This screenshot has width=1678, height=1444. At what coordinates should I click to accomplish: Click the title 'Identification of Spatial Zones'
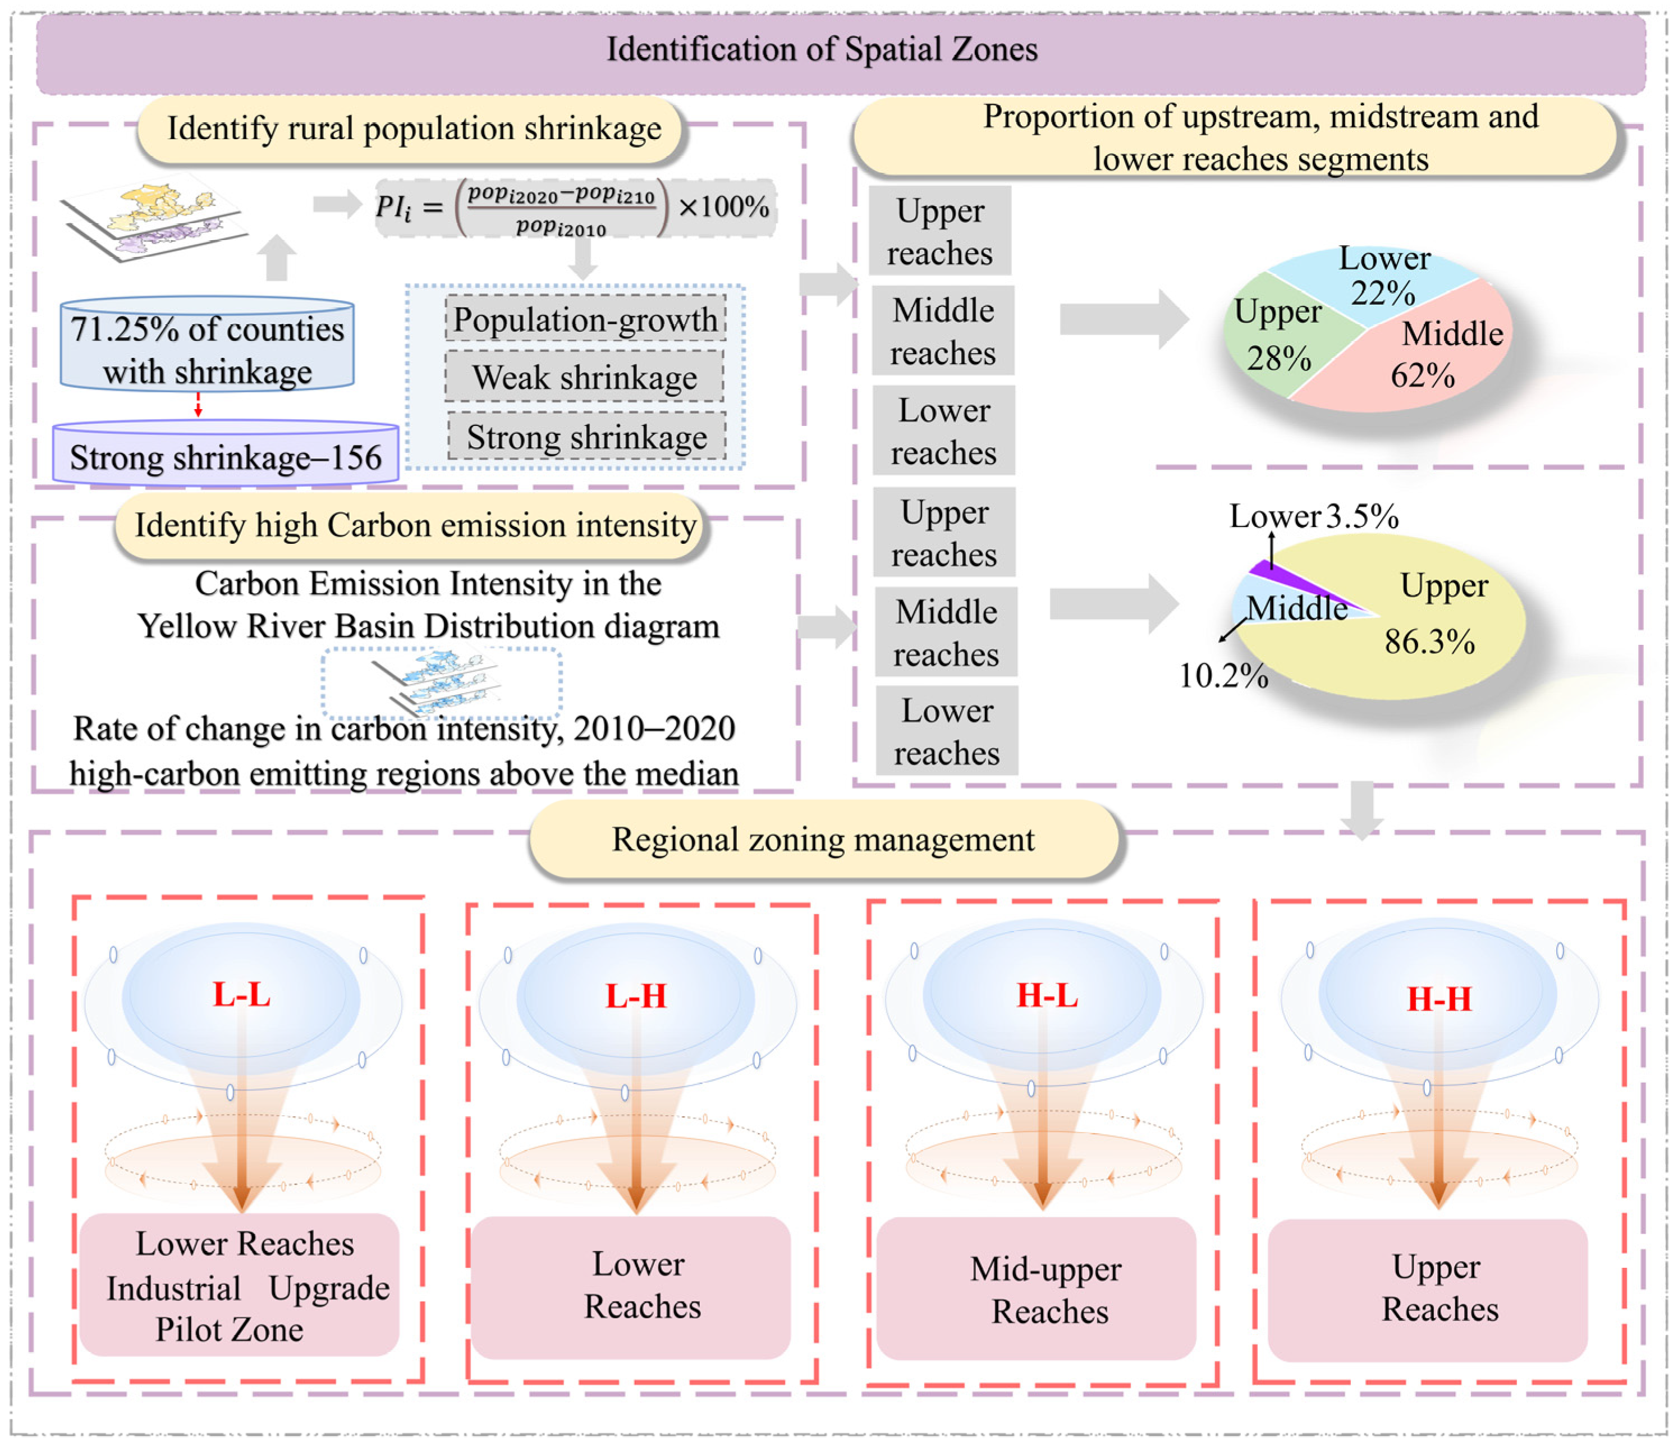click(x=822, y=50)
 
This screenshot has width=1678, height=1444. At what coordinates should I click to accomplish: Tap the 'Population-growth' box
click(x=585, y=319)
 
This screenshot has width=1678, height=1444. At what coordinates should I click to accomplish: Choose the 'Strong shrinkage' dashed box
click(x=586, y=437)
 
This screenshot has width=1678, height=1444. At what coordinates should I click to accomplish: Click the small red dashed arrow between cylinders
click(x=198, y=405)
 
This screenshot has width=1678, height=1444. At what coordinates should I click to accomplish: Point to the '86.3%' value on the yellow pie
click(x=1429, y=641)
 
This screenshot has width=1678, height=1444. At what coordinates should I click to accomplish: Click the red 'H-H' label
click(x=1439, y=1000)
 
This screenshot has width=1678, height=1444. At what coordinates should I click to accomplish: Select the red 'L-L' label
click(x=241, y=994)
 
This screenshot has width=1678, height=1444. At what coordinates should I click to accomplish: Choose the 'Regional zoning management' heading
click(x=823, y=839)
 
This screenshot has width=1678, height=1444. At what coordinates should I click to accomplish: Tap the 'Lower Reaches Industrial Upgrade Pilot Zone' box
click(x=240, y=1286)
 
